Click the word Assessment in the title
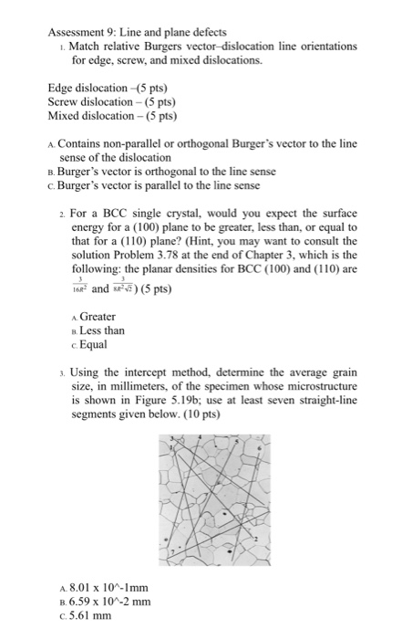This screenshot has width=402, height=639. coord(76,32)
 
